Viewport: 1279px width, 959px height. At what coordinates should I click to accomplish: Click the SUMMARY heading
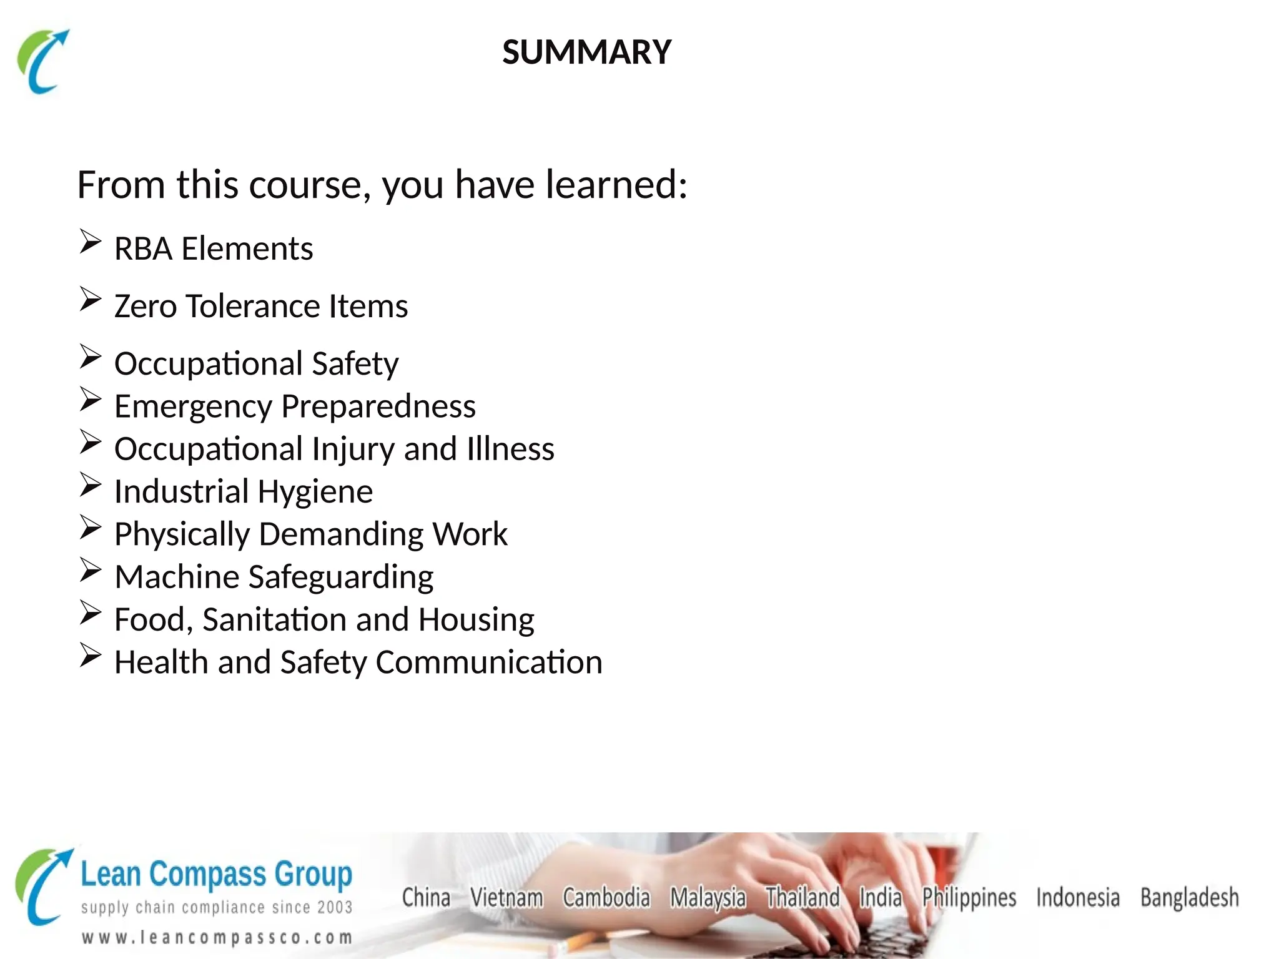(x=586, y=52)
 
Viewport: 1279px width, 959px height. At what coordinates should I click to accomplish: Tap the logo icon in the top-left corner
(x=42, y=61)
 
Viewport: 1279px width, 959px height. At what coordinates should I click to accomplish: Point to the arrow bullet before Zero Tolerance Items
(x=90, y=300)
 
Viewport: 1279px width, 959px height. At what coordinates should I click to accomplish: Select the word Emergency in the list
(x=194, y=407)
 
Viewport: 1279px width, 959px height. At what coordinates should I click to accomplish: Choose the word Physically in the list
(x=182, y=535)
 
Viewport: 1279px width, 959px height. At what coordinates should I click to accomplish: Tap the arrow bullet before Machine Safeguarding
(x=90, y=570)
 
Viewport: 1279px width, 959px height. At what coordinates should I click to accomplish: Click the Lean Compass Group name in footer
(x=216, y=874)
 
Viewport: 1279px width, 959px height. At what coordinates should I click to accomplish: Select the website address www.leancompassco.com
(x=217, y=938)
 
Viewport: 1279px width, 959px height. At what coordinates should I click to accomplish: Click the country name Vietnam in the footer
(x=506, y=898)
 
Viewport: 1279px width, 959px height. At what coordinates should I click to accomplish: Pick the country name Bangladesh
(x=1189, y=898)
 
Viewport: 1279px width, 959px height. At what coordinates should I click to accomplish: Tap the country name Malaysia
(x=708, y=898)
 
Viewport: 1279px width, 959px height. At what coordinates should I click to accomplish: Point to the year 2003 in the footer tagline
(x=335, y=907)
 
